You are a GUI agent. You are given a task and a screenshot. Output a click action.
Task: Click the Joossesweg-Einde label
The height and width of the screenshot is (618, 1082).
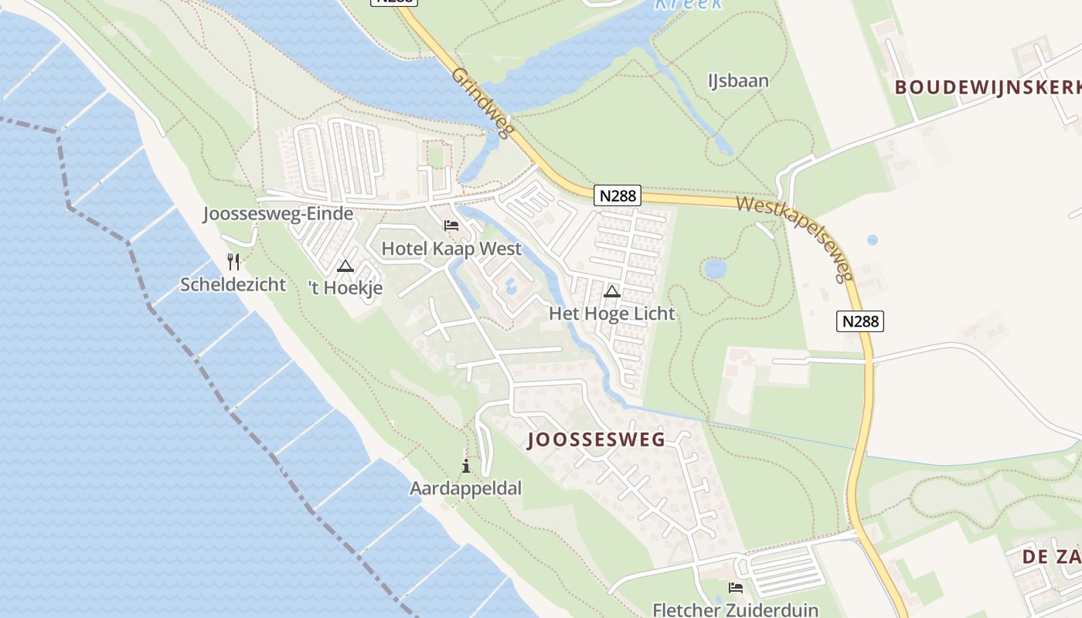(278, 214)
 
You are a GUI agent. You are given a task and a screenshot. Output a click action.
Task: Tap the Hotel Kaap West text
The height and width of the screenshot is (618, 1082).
(451, 249)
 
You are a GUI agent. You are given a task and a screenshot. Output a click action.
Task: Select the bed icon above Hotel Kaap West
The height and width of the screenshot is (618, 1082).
(451, 226)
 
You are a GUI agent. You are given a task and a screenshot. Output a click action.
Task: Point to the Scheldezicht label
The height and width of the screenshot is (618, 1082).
(233, 284)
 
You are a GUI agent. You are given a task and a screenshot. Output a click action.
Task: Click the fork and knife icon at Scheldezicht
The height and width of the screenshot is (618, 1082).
(233, 262)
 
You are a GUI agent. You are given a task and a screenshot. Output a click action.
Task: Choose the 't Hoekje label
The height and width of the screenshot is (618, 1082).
(345, 288)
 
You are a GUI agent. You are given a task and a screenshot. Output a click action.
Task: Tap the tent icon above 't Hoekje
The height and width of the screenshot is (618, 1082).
(345, 267)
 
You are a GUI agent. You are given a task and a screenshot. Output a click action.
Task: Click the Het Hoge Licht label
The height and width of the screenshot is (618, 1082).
(611, 314)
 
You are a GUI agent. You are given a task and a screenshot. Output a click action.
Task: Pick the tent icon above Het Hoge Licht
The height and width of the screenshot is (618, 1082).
(612, 291)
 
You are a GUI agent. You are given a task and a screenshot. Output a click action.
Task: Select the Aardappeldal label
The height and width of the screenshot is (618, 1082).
(465, 488)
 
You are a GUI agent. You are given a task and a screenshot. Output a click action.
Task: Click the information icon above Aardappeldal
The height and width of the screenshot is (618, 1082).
(466, 466)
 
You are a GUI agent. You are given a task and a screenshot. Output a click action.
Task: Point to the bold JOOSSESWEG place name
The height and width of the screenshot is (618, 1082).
(596, 440)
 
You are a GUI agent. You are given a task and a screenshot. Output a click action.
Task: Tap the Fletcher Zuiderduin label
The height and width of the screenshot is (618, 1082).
(735, 610)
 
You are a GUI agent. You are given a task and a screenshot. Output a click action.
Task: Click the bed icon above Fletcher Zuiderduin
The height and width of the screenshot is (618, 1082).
(736, 588)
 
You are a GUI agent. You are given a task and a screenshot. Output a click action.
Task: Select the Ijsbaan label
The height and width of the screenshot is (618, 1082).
(738, 80)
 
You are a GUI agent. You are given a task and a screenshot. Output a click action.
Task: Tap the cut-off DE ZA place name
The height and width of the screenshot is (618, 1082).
(1051, 556)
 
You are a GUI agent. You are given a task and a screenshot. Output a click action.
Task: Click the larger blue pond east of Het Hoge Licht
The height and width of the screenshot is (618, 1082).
(716, 269)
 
